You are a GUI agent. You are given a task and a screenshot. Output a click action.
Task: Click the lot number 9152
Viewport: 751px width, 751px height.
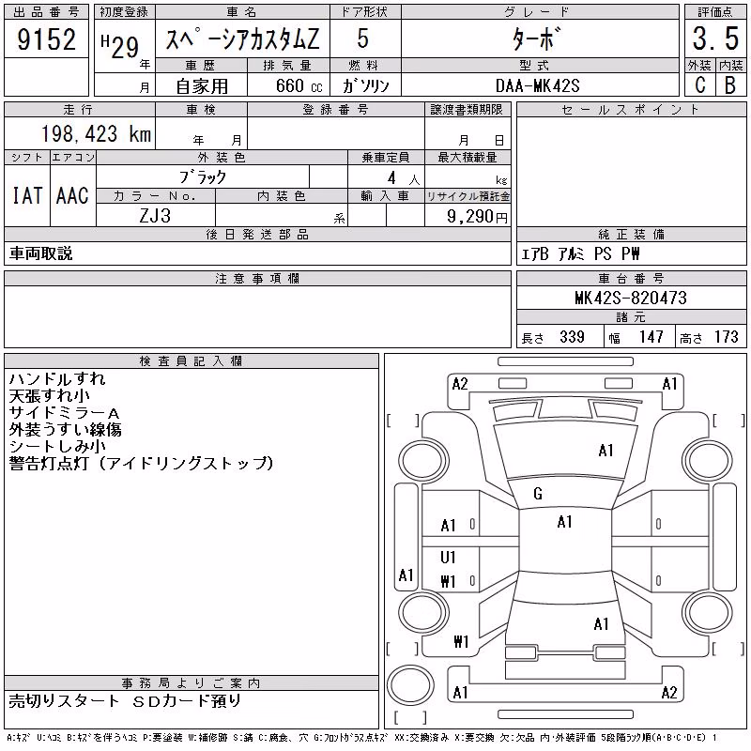(x=46, y=38)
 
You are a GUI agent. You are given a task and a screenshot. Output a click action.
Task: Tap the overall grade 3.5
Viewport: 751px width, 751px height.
(x=715, y=38)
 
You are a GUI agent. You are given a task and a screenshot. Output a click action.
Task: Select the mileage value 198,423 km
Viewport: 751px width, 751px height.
(x=97, y=134)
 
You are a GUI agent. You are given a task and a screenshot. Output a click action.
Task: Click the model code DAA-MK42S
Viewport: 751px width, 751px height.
(x=537, y=85)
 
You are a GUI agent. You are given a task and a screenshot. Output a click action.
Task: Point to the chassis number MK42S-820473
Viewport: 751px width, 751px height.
(x=631, y=298)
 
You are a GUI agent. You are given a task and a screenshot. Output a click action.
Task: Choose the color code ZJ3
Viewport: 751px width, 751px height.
(x=155, y=216)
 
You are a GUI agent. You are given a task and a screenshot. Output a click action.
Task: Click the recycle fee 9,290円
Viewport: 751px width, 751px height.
(x=477, y=217)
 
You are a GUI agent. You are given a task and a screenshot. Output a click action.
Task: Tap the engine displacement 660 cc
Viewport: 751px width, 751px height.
(x=299, y=85)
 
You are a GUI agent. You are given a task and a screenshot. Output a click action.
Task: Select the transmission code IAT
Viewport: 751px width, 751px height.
(x=27, y=195)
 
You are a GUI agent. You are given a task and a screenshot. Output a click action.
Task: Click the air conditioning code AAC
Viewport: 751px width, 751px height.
(x=72, y=195)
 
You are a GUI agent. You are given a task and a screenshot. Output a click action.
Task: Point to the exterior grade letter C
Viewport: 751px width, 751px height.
(x=700, y=84)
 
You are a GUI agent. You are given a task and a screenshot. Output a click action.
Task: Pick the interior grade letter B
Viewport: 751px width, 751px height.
(x=730, y=84)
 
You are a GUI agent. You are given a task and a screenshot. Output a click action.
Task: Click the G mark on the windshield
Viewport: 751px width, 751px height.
(x=538, y=494)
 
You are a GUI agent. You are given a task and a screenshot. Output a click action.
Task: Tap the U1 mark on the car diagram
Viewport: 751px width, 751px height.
(x=448, y=557)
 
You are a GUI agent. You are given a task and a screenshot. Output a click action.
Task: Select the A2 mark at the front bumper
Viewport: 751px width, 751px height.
(x=460, y=384)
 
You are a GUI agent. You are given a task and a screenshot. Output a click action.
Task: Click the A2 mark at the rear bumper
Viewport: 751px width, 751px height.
(x=669, y=693)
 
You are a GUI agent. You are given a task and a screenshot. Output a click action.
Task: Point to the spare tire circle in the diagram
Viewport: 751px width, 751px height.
(x=410, y=685)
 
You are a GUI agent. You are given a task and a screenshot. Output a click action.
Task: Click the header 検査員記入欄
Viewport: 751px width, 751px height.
(x=191, y=361)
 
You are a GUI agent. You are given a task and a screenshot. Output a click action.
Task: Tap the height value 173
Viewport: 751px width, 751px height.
(x=726, y=337)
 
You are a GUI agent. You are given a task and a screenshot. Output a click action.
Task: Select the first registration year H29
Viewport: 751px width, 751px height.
(x=120, y=47)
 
